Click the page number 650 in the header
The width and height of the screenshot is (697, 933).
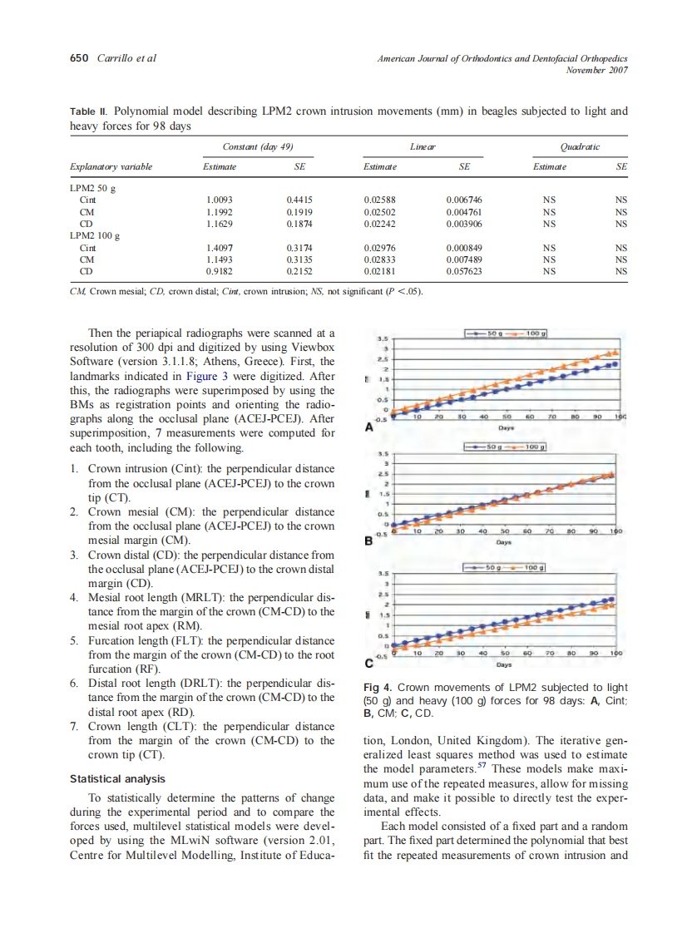tap(79, 58)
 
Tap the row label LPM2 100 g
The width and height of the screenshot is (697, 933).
tap(95, 235)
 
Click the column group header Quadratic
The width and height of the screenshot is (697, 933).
tap(580, 147)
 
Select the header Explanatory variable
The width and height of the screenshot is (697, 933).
tap(111, 167)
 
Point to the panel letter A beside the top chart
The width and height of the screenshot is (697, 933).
tap(368, 428)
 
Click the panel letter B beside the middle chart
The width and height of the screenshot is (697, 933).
tap(368, 541)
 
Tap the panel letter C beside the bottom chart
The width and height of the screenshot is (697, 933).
tap(368, 664)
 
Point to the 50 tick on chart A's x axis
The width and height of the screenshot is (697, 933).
tap(506, 417)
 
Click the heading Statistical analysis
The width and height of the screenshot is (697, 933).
tap(117, 779)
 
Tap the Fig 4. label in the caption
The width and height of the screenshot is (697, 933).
tap(378, 687)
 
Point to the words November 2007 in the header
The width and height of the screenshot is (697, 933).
tap(596, 70)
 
